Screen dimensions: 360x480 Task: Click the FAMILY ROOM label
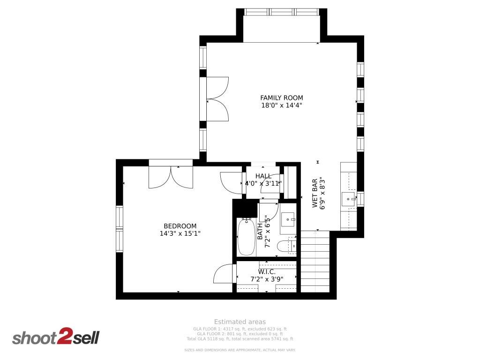pos(281,97)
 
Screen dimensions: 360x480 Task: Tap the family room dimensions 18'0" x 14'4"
pos(281,105)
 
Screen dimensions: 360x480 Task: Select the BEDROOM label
pos(180,226)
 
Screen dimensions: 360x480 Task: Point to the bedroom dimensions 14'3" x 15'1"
pos(180,233)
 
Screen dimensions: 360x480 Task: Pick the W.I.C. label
pos(266,272)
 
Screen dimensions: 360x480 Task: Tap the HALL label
pos(263,176)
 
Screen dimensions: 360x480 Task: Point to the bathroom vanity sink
pos(288,219)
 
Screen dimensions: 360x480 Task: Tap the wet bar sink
pos(349,199)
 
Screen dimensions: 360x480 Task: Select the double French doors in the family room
pos(217,99)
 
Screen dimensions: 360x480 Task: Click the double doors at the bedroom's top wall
pos(171,176)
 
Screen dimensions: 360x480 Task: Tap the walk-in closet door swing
pos(224,274)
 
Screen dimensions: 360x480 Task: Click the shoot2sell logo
pos(55,337)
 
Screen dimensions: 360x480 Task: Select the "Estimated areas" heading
pos(240,322)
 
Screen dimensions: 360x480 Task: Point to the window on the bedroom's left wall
pos(120,229)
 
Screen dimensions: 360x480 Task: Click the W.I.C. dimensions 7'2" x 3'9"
pos(266,279)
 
